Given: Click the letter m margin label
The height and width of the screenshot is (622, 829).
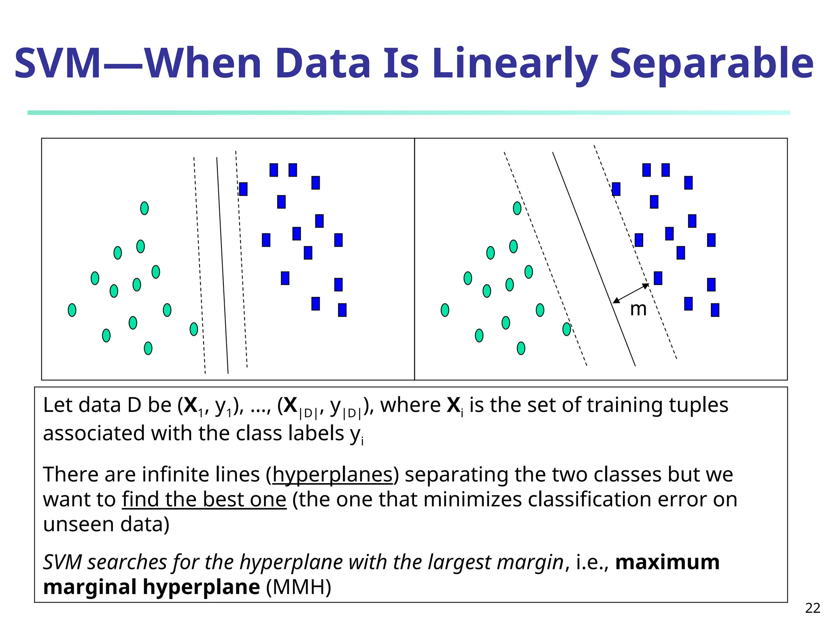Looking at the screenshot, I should [638, 310].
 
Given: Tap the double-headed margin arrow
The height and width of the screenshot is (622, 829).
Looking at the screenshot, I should [631, 293].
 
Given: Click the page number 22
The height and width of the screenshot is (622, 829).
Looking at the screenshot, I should [812, 608].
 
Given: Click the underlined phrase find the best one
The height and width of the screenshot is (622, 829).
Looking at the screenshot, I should [204, 499].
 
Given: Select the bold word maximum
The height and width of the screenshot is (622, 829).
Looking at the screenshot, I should [667, 562].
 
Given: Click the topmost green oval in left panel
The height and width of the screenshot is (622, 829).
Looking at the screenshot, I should [145, 208].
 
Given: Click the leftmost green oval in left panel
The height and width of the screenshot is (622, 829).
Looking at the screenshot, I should [72, 310].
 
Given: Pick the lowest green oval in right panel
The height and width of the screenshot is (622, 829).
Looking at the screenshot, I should [521, 348].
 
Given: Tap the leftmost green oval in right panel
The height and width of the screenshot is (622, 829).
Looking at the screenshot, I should [445, 310].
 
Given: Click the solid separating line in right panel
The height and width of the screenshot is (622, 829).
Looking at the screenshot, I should [593, 259].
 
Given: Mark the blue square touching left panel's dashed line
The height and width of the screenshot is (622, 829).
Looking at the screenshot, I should [243, 189].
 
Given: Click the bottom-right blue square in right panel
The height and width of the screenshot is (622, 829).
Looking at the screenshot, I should [715, 310].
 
